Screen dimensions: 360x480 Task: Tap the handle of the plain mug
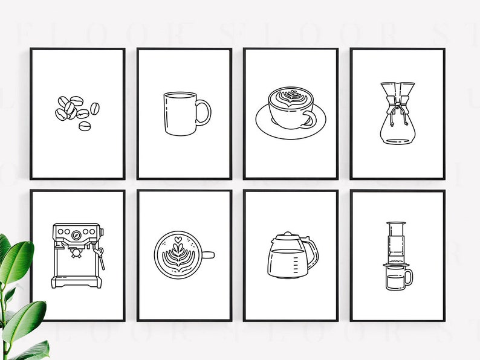[x=206, y=113]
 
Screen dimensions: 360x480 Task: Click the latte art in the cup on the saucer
[x=291, y=97]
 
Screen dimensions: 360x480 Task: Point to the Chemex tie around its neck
[x=397, y=109]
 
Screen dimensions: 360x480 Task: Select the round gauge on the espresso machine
[x=77, y=234]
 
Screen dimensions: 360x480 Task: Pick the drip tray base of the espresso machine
[x=76, y=281]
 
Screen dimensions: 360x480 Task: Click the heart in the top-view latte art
[x=178, y=239]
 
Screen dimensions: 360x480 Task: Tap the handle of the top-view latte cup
[x=208, y=254]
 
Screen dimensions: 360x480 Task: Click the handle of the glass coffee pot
[x=313, y=254]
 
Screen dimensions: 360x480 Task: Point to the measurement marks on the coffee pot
[x=300, y=263]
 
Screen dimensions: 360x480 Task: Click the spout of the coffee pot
[x=271, y=241]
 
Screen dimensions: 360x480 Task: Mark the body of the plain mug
[x=180, y=115]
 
